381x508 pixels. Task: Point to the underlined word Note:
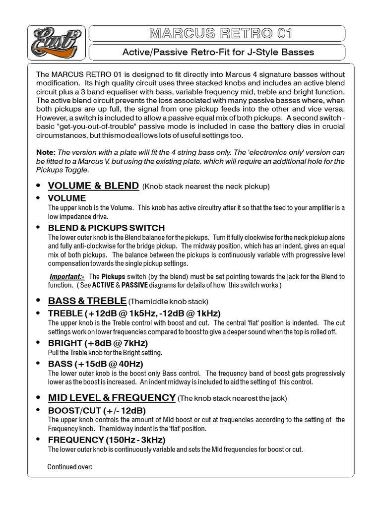46,152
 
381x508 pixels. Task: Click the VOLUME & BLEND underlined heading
93,186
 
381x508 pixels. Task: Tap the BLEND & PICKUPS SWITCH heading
106,228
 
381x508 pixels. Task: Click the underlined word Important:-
67,276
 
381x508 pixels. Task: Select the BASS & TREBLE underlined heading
87,301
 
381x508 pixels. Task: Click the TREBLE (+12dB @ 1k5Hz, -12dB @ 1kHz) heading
134,313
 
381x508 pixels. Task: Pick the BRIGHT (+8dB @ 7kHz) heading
98,343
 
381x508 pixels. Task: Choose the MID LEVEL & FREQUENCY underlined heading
112,397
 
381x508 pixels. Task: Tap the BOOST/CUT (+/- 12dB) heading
97,410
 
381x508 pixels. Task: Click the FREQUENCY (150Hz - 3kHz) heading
107,440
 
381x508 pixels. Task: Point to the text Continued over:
70,467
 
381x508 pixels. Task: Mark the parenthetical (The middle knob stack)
168,302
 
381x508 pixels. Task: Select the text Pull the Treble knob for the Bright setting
105,352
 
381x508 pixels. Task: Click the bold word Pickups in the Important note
113,276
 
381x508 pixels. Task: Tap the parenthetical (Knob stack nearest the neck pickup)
206,187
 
